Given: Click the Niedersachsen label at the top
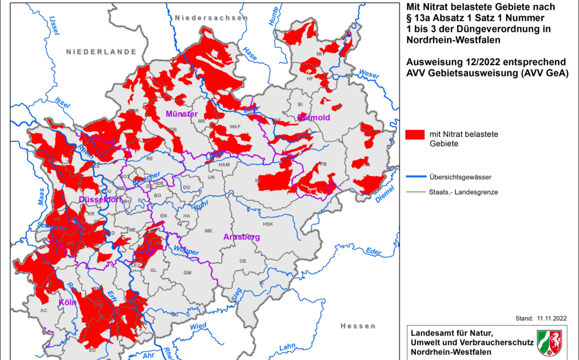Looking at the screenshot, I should click(211, 18).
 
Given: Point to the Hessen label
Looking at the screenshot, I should click(358, 326).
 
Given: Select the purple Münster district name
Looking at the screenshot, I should click(182, 114).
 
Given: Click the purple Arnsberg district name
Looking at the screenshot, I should click(242, 237).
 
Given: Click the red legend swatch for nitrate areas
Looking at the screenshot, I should click(415, 134).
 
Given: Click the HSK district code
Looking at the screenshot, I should click(268, 224).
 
